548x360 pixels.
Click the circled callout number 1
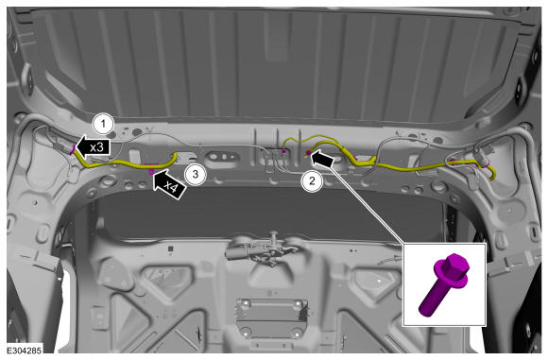pyautogui.click(x=103, y=124)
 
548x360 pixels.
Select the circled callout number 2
pyautogui.click(x=312, y=180)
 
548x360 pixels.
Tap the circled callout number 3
pyautogui.click(x=196, y=174)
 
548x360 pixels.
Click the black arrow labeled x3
pyautogui.click(x=93, y=146)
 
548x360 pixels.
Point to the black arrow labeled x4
pyautogui.click(x=169, y=184)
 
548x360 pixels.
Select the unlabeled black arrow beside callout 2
pyautogui.click(x=322, y=159)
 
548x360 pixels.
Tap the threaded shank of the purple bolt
pyautogui.click(x=434, y=296)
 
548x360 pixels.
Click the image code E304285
pyautogui.click(x=25, y=350)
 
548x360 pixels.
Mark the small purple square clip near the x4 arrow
pyautogui.click(x=151, y=172)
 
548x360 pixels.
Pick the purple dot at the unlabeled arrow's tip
pyautogui.click(x=309, y=153)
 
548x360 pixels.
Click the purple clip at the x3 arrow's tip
pyautogui.click(x=73, y=149)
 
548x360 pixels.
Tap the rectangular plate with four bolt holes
pyautogui.click(x=271, y=318)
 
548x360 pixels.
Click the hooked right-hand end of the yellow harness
pyautogui.click(x=492, y=173)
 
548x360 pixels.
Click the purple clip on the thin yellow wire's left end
pyautogui.click(x=283, y=151)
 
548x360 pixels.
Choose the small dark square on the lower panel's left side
pyautogui.click(x=171, y=249)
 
